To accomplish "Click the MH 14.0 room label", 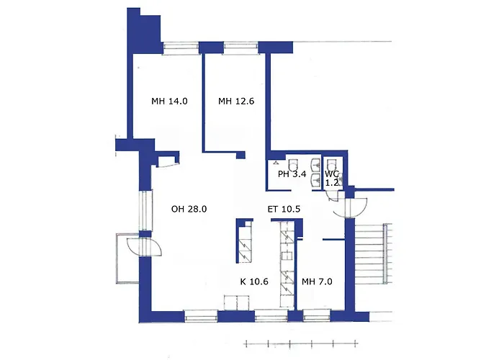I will [x=169, y=102].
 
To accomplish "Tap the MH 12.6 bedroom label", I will [x=236, y=102].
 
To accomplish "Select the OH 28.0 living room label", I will [x=189, y=210].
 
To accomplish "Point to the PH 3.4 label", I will [x=292, y=174].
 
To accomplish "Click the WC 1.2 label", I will [x=332, y=179].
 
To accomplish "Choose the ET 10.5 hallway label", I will [x=284, y=210].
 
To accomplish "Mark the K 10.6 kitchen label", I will [x=253, y=282].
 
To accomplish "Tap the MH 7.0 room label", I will [x=317, y=282].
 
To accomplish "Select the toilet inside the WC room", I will [x=333, y=163].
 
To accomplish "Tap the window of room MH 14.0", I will [x=180, y=48].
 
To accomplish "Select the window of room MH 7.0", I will [x=317, y=315].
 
